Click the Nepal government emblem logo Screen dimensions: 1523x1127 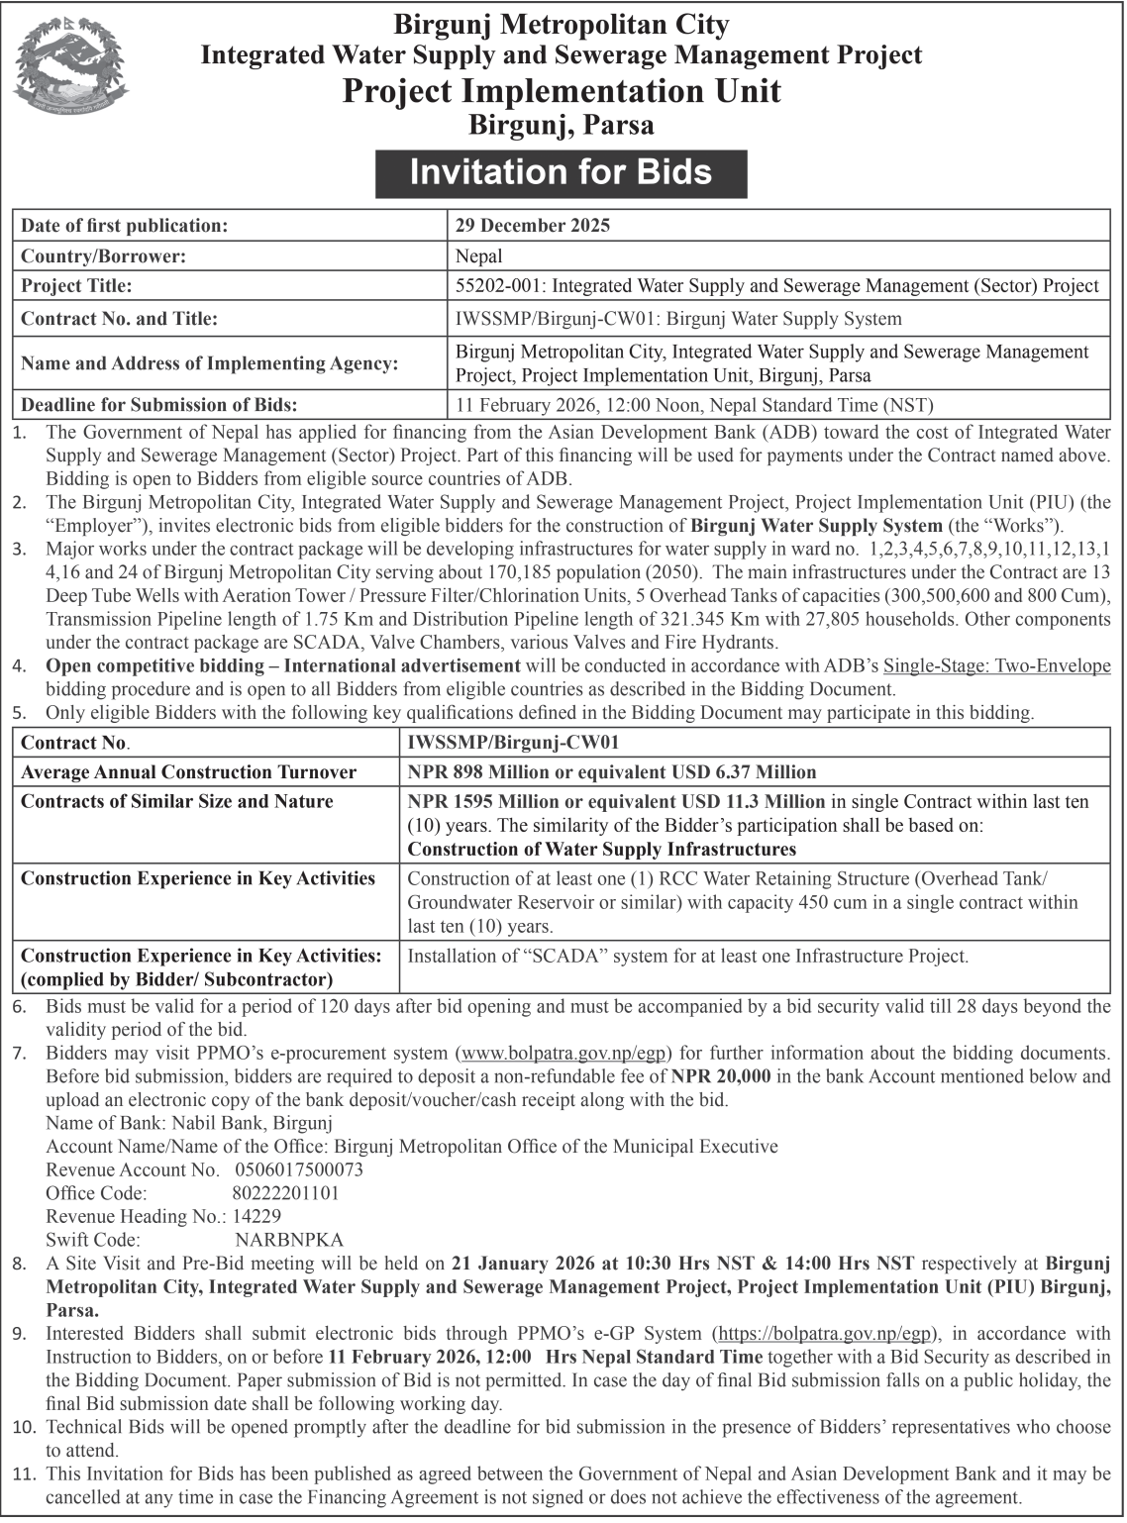coord(70,74)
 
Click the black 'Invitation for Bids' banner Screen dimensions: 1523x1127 coord(561,172)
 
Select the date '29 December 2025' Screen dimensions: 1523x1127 coord(532,225)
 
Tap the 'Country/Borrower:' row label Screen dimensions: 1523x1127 coord(104,256)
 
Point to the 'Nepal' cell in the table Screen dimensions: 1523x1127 coord(479,256)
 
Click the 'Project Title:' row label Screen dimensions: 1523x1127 coord(76,286)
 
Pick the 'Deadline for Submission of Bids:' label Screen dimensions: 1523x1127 coord(159,404)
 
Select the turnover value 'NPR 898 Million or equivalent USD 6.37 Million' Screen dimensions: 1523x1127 coord(612,772)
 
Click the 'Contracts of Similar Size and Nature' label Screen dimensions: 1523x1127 coord(177,801)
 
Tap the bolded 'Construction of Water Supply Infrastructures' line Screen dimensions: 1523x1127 coord(602,849)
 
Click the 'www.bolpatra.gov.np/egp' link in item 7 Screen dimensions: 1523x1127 coord(563,1053)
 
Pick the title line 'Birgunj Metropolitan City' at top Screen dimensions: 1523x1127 coord(562,24)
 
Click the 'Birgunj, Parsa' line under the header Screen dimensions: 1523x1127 coord(561,125)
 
